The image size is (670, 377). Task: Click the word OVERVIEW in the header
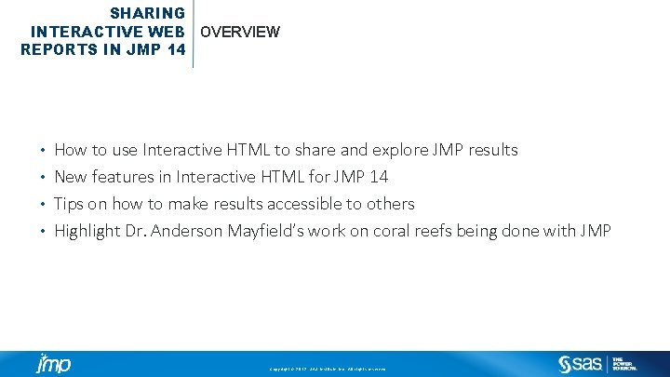click(239, 32)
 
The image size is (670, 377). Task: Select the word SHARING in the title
click(147, 14)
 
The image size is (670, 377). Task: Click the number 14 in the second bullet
click(379, 177)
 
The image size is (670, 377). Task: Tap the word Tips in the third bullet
click(69, 204)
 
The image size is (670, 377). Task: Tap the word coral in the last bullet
click(394, 231)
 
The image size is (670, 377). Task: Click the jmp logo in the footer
click(53, 364)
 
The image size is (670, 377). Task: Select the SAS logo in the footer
click(580, 364)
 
